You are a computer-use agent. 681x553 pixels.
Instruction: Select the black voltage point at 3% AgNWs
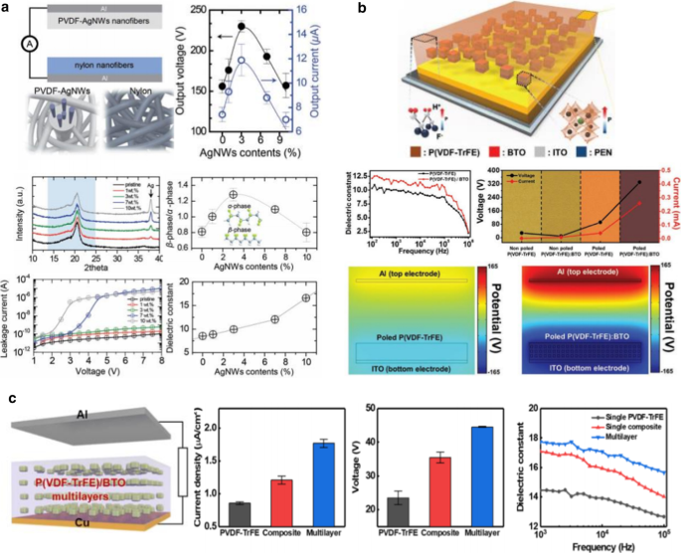pyautogui.click(x=243, y=26)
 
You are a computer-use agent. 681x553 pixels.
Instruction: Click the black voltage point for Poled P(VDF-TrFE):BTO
pyautogui.click(x=637, y=183)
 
